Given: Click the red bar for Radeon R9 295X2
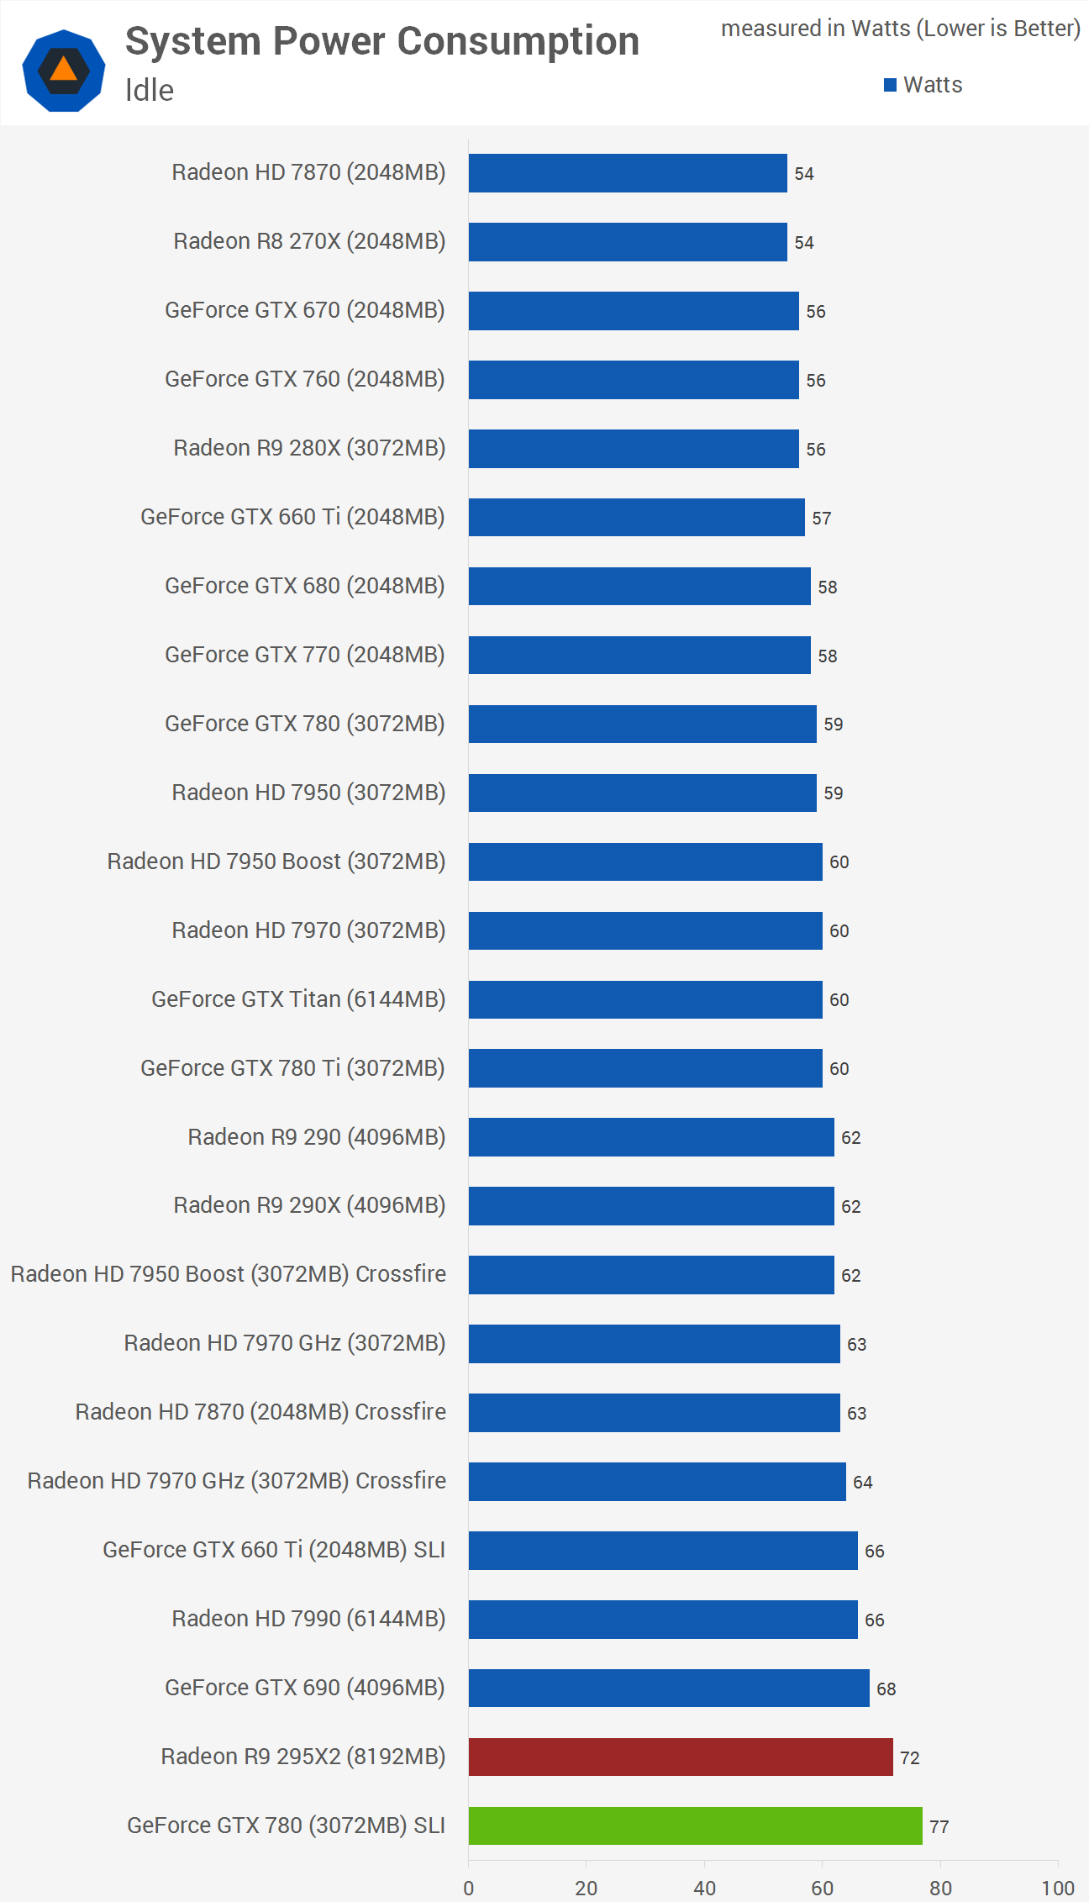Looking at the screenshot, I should (x=681, y=1757).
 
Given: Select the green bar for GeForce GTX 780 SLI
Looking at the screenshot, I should (x=695, y=1826).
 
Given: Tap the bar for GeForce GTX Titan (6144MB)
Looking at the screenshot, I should (x=645, y=999).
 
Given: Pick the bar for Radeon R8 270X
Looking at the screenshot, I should (x=628, y=242).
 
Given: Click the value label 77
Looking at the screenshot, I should (x=939, y=1827).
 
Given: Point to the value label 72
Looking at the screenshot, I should (x=909, y=1758).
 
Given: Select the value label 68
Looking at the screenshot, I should (x=886, y=1689).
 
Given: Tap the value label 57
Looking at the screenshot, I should (x=821, y=519).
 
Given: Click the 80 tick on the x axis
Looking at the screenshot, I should (x=940, y=1889).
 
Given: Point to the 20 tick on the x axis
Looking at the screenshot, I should (x=587, y=1889).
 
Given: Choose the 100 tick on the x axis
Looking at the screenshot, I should (x=1058, y=1889).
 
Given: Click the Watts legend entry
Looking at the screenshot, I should (x=923, y=85).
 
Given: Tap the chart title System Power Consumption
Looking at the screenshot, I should (x=382, y=41).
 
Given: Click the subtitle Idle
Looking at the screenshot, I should (x=150, y=90).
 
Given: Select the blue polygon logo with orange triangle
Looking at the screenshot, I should (x=64, y=71).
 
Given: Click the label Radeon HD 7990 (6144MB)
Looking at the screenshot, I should (x=308, y=1619).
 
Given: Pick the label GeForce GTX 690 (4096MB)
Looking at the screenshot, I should (x=305, y=1688).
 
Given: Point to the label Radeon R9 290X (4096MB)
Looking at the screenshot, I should (x=309, y=1205).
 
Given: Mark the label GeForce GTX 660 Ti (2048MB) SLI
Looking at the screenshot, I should (x=274, y=1550).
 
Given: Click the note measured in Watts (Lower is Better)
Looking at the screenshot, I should (x=901, y=29).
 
